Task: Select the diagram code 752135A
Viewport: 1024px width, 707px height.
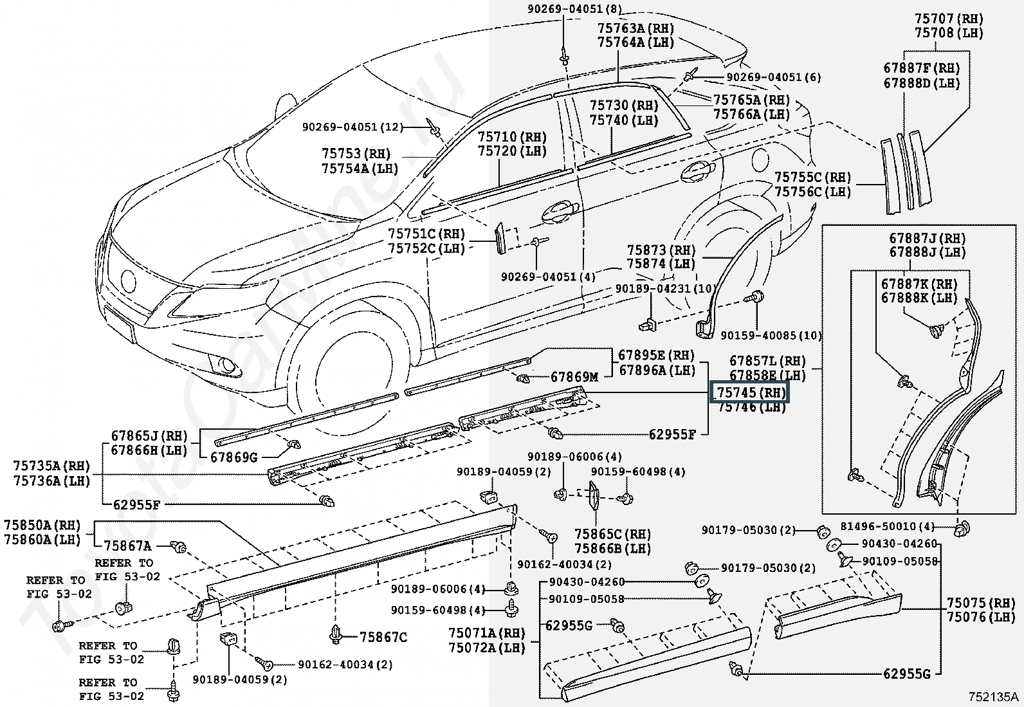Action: tap(994, 697)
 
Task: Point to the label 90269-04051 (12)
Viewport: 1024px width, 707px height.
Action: tap(352, 127)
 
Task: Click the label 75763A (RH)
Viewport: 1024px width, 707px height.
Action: tap(635, 28)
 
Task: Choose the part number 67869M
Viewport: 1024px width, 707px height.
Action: tap(574, 377)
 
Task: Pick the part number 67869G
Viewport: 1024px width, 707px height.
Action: tap(235, 457)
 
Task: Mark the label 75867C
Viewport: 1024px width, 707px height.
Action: tap(383, 637)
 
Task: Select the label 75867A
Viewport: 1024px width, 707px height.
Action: tap(128, 546)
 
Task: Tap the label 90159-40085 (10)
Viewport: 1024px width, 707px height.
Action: tap(771, 335)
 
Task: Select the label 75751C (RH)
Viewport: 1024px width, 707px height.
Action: tap(426, 234)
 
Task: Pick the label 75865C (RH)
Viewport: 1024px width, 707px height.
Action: tap(612, 535)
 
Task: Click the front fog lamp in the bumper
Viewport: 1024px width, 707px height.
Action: tap(228, 367)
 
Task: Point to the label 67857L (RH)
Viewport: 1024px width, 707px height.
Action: tap(767, 361)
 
